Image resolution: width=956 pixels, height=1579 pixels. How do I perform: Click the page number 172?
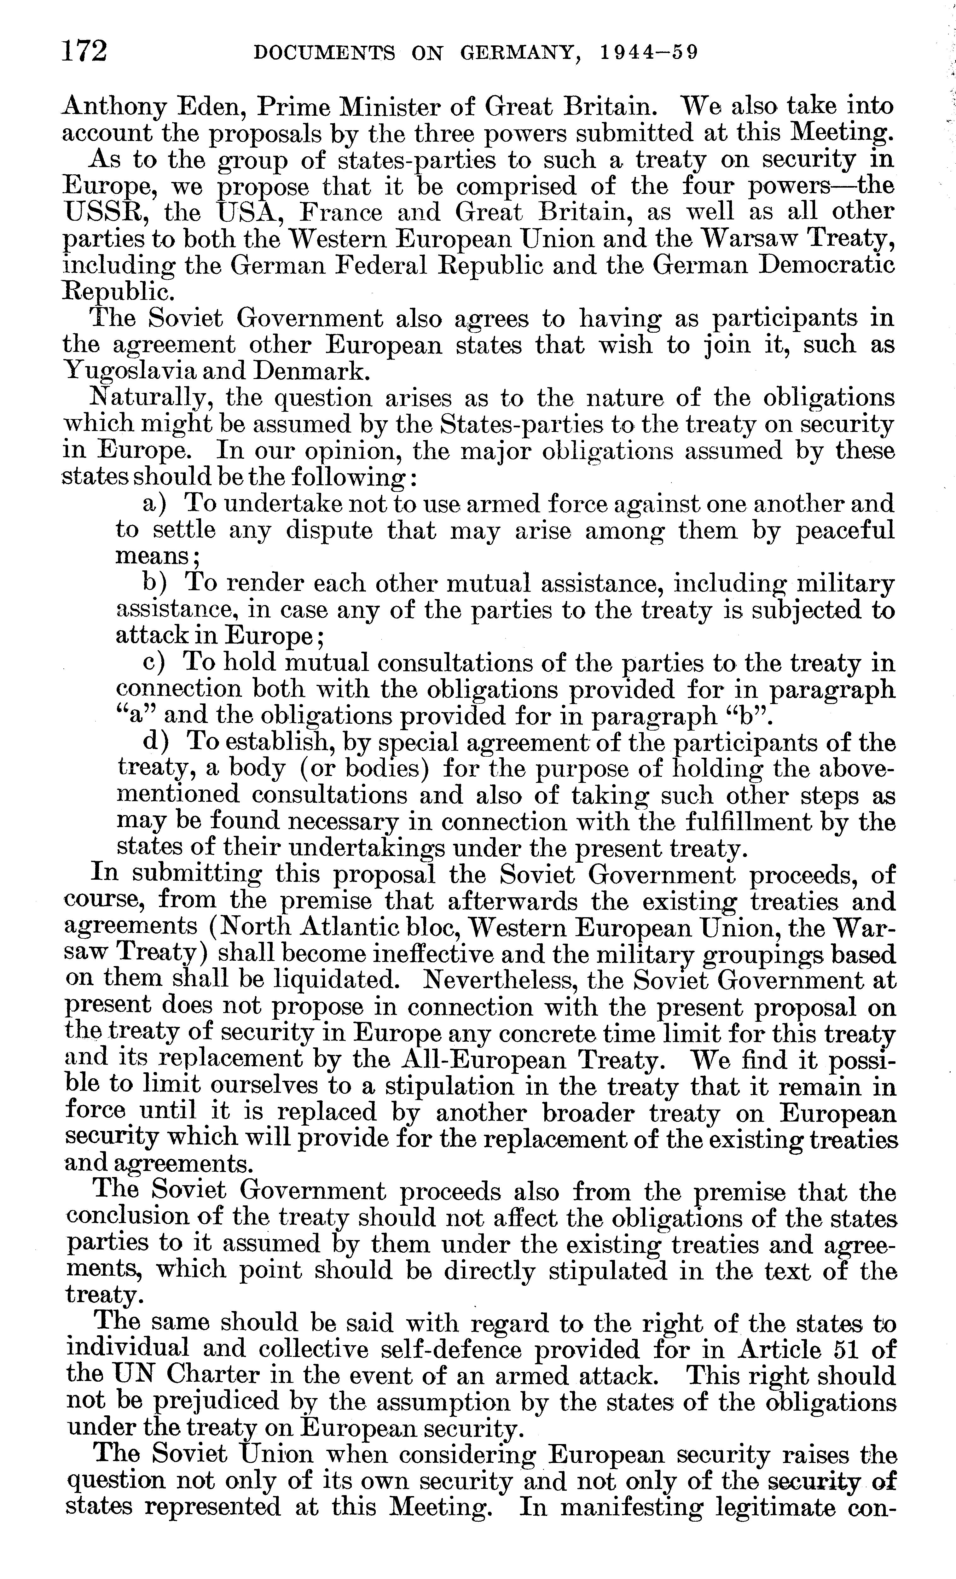(x=84, y=51)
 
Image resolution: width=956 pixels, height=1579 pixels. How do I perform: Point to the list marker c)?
(x=154, y=663)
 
